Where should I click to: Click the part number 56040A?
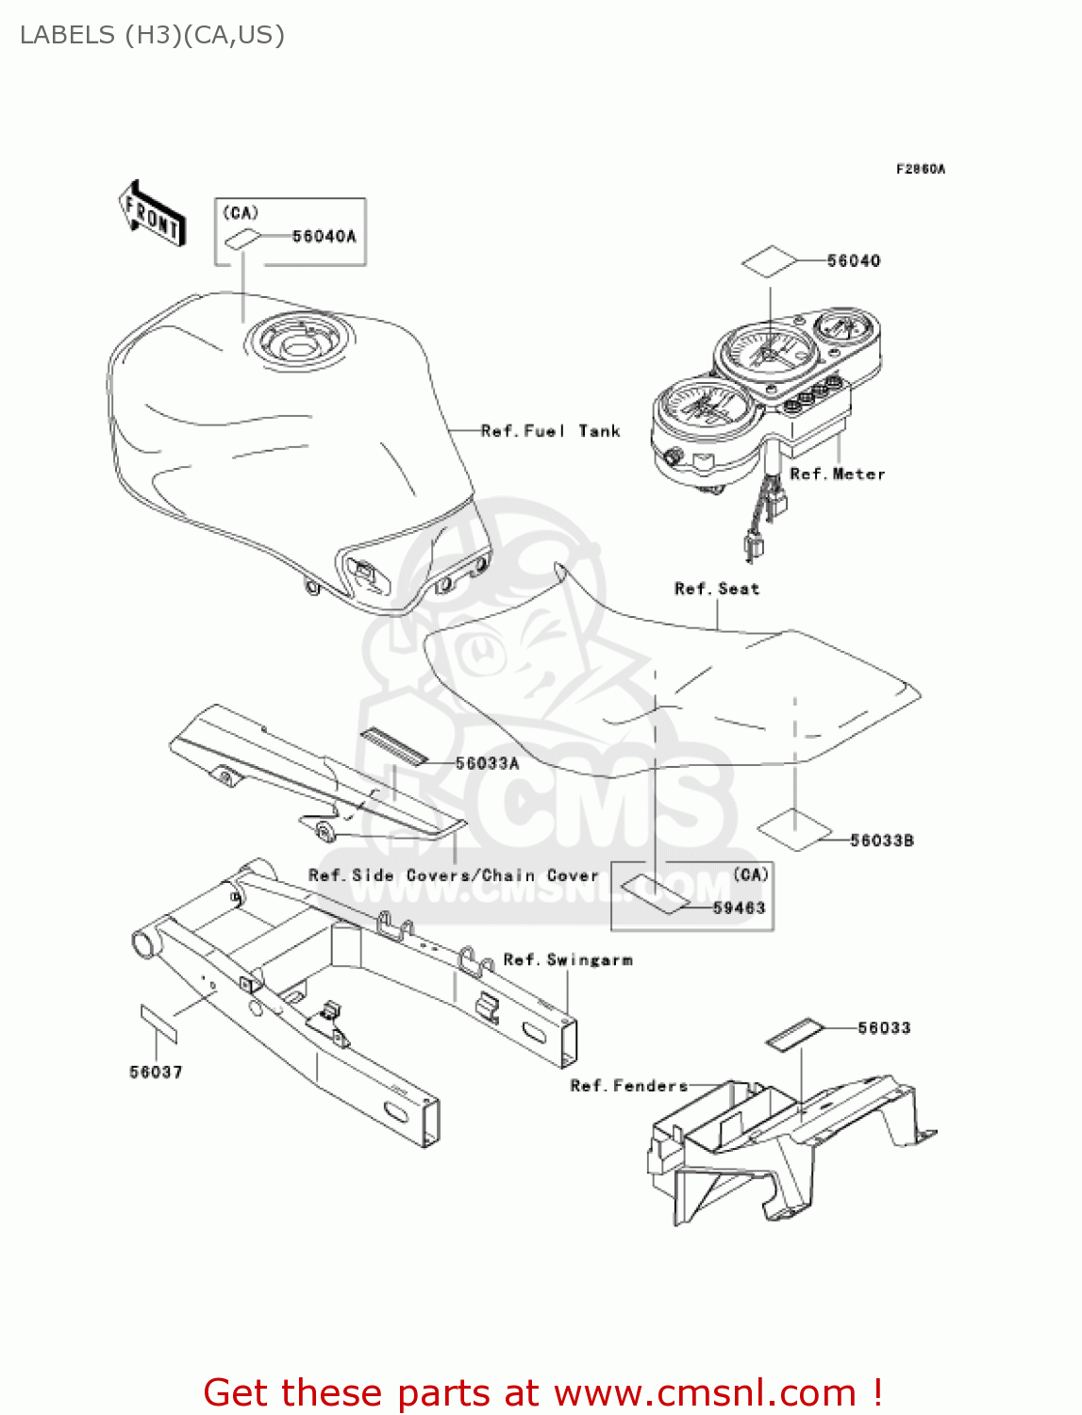point(324,237)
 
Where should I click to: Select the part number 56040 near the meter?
point(853,261)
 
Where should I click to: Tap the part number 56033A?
point(487,763)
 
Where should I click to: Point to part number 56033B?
point(881,841)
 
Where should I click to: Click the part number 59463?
point(739,907)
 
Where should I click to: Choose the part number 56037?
point(156,1072)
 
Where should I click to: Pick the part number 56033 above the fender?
point(884,1027)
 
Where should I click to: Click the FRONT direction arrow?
point(152,214)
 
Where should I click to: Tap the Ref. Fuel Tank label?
point(550,431)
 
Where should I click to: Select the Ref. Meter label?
point(837,474)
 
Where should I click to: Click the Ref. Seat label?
point(716,589)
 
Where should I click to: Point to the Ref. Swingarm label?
point(568,959)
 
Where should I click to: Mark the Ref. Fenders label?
point(628,1086)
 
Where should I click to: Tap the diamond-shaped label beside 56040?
point(769,262)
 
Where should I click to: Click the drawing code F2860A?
point(920,169)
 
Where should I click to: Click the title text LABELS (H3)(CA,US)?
point(152,35)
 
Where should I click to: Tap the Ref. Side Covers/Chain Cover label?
point(453,875)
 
